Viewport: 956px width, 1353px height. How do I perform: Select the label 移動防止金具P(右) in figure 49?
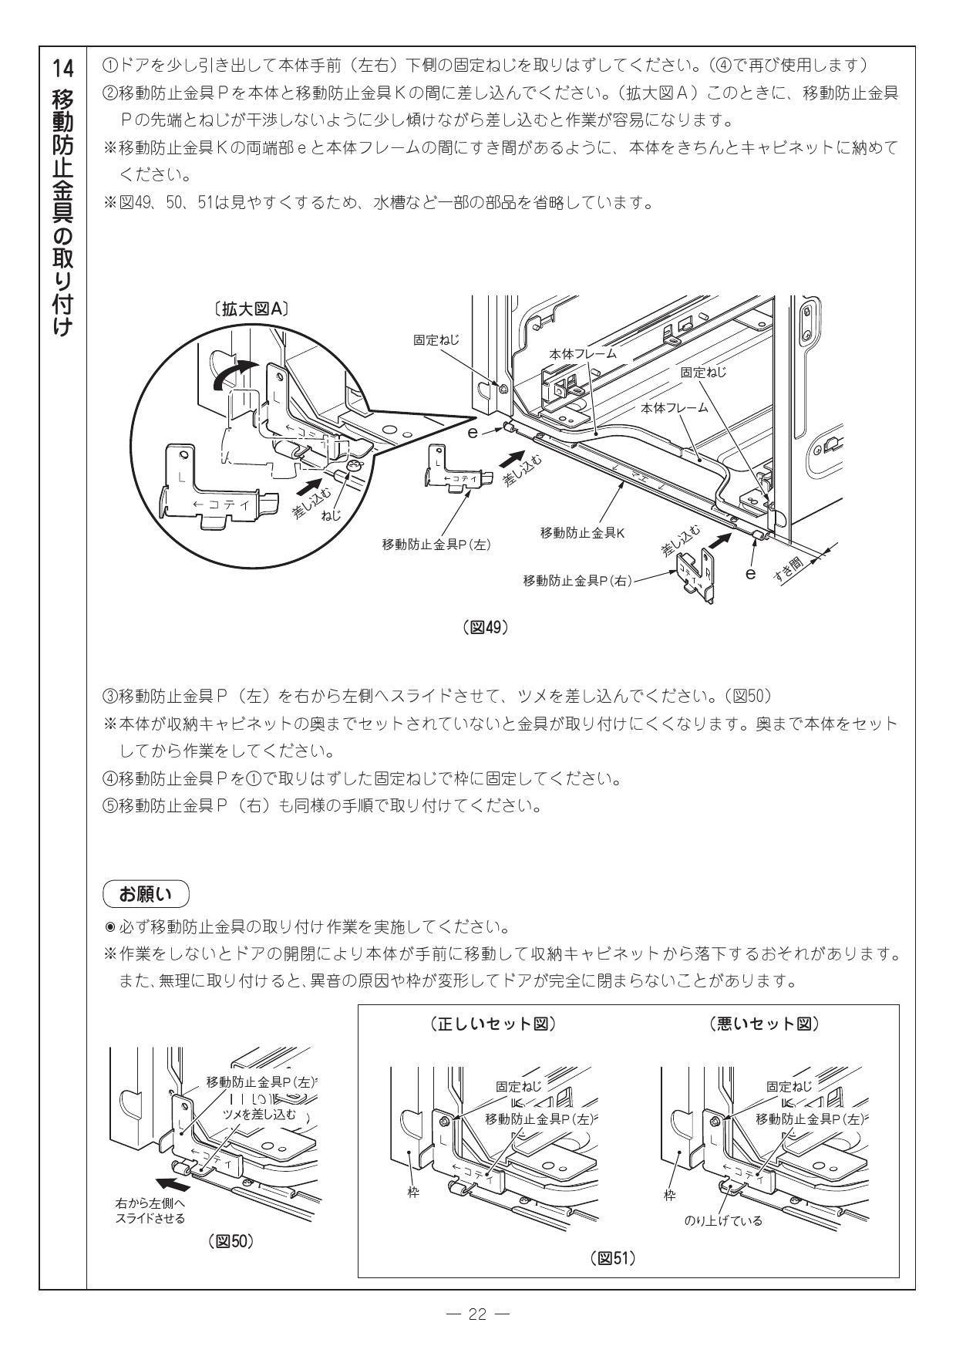(577, 580)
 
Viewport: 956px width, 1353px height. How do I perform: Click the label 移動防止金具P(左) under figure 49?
(437, 544)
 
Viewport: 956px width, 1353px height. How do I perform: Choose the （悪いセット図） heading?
(763, 1024)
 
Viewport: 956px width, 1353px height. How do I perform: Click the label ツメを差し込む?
(259, 1115)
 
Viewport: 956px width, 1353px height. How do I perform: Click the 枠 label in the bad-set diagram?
(670, 1196)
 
